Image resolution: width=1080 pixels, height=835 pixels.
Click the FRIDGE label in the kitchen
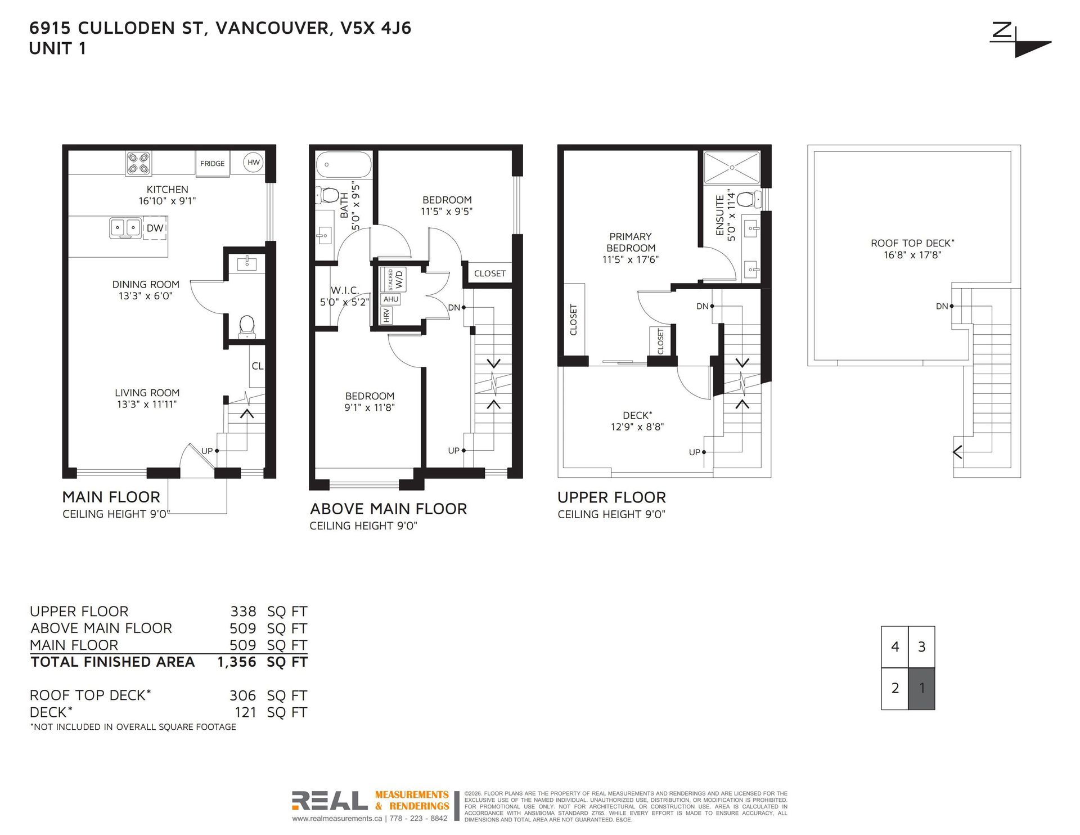212,164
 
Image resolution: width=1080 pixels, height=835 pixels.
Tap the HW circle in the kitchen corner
254,163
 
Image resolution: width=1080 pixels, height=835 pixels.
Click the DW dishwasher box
155,228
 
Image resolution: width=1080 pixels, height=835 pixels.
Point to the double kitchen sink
125,228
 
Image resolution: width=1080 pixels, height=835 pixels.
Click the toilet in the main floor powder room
246,327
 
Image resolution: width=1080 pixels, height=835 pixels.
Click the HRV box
386,316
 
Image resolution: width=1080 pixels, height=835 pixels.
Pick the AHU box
391,299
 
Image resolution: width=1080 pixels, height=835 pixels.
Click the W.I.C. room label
345,290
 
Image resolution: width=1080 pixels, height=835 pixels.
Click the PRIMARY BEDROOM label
631,243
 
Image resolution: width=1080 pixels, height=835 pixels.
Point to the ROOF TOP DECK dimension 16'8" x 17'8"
912,255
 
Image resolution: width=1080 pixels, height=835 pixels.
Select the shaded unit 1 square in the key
921,688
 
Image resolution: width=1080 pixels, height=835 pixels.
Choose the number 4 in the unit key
895,647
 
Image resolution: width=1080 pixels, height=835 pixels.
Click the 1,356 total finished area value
237,662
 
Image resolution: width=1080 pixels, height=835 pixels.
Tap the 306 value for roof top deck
242,695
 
